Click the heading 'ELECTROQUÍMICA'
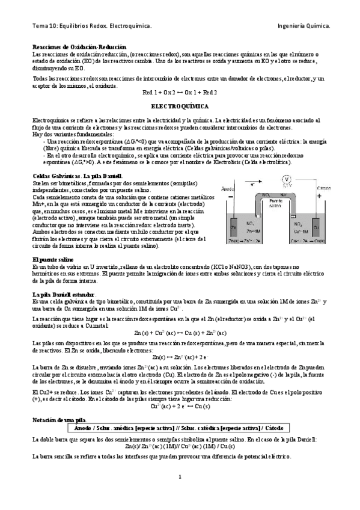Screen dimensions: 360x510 click(x=179, y=106)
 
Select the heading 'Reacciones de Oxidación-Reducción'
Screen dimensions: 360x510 click(x=79, y=47)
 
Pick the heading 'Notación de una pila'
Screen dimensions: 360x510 click(x=59, y=417)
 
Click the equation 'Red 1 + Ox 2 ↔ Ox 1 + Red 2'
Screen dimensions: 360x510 click(x=180, y=93)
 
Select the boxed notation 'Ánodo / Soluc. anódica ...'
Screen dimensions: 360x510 click(x=180, y=427)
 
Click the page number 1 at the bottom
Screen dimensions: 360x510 click(x=180, y=477)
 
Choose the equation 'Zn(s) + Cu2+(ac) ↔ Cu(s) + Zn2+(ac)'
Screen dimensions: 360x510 click(x=180, y=333)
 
